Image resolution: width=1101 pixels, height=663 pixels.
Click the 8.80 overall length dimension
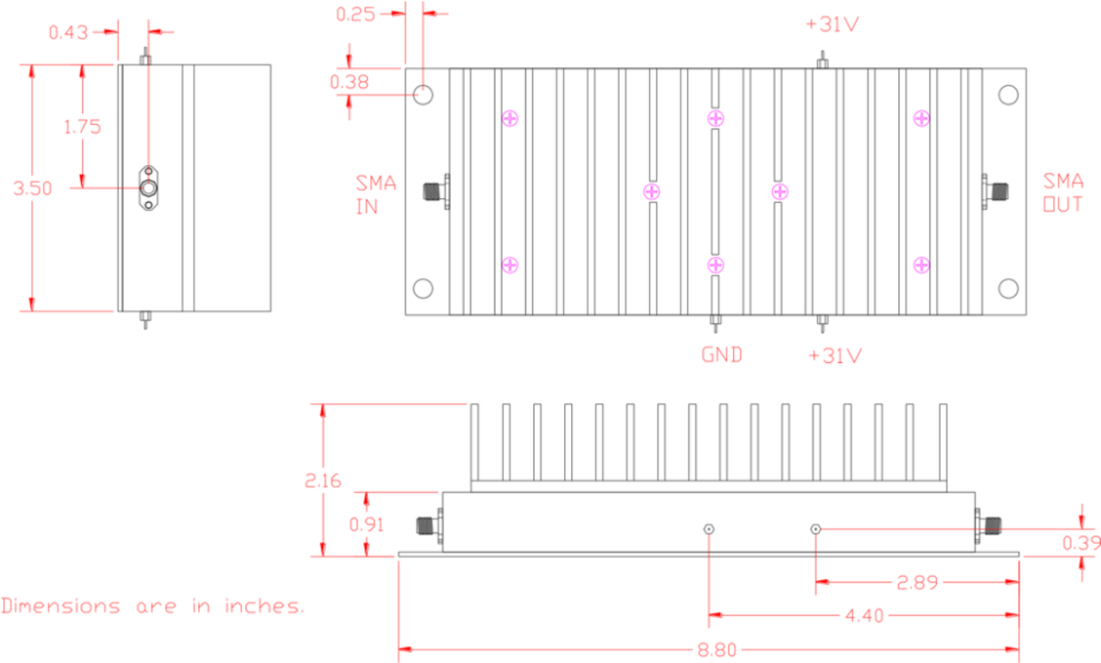tap(716, 647)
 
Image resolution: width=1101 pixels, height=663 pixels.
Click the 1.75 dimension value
tap(82, 126)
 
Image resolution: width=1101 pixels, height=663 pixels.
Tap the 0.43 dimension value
tap(68, 32)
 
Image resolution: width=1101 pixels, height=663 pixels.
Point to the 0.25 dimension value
tap(355, 15)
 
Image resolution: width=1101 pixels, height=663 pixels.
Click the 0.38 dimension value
tap(349, 83)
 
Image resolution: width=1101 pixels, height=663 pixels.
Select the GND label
tap(721, 354)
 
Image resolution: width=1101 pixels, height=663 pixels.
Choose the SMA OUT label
tap(1062, 192)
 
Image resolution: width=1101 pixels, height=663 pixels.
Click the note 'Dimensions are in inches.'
tap(153, 606)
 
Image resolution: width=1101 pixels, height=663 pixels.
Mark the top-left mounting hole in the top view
tap(424, 95)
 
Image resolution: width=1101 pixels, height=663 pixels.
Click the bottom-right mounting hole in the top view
tap(1008, 288)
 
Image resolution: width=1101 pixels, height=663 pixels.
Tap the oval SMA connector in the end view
tap(149, 187)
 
